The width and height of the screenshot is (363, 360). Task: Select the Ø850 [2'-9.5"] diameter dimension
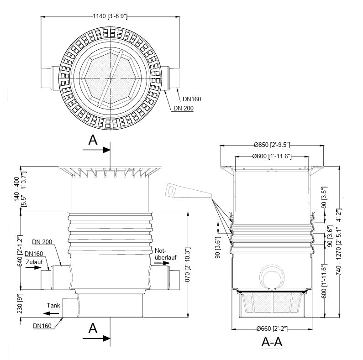[272, 145]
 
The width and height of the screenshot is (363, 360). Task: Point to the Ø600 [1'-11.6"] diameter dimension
[272, 157]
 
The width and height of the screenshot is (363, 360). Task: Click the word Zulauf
[34, 262]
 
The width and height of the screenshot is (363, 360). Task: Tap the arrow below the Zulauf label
[33, 268]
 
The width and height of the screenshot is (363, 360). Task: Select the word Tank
[53, 305]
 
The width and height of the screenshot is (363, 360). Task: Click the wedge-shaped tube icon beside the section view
[187, 192]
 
